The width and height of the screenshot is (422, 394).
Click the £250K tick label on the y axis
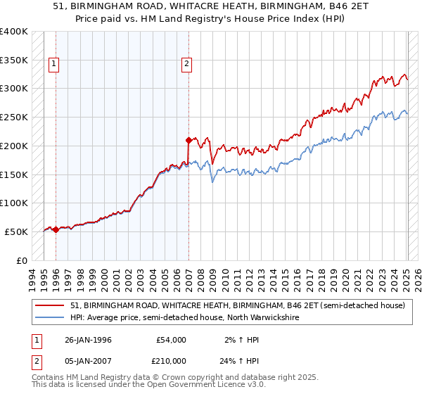(14, 117)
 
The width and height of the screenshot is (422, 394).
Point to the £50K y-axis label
(16, 231)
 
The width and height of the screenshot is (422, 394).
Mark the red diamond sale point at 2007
(188, 140)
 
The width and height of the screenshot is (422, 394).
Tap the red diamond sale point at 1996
(56, 229)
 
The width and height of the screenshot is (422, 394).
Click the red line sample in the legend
(49, 305)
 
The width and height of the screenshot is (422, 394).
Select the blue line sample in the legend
(49, 317)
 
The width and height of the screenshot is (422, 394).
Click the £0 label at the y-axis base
(22, 260)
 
